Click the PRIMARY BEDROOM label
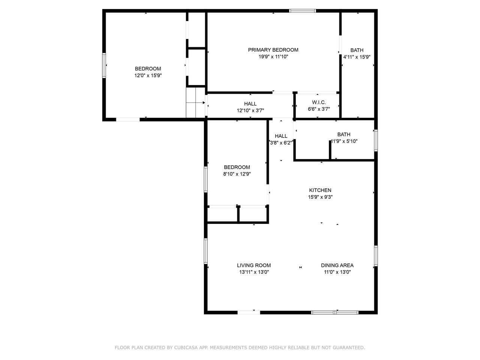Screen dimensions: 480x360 point(273,50)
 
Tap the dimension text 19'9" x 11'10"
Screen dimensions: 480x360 point(273,57)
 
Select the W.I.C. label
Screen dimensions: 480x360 point(319,102)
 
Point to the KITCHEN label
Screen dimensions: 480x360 point(320,190)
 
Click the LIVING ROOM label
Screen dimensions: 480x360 point(254,265)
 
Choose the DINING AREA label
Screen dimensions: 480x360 point(337,265)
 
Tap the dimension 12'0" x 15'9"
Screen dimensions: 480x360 point(148,75)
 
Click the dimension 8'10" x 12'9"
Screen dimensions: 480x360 point(237,174)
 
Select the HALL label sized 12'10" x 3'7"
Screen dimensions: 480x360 point(250,103)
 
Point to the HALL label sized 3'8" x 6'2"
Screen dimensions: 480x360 point(281,136)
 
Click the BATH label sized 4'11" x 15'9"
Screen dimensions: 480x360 point(357,50)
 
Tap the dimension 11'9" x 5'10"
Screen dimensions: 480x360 point(344,141)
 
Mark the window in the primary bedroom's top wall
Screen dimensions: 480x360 point(302,11)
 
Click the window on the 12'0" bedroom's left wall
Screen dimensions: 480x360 point(104,65)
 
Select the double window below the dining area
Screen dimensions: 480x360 point(334,313)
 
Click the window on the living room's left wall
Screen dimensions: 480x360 point(205,251)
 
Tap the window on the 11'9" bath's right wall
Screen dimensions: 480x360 point(376,141)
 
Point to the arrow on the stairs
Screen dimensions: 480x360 point(195,102)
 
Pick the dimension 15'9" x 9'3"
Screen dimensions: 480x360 point(320,197)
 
